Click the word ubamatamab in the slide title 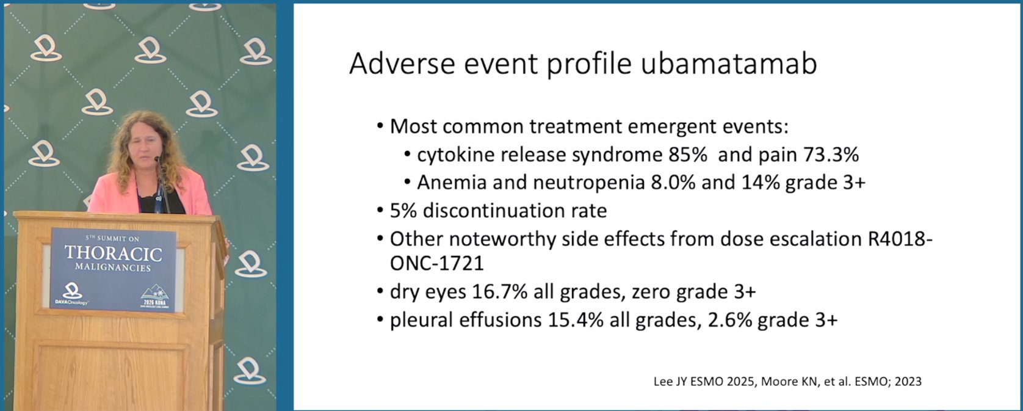coord(729,64)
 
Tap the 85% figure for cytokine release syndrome coord(688,155)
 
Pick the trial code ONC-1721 coord(436,263)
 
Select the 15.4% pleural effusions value coord(576,320)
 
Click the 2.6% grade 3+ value coord(730,320)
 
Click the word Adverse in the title coord(402,64)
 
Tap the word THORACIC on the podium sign coord(114,253)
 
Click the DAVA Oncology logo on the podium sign coord(71,294)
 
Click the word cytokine coord(450,155)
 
